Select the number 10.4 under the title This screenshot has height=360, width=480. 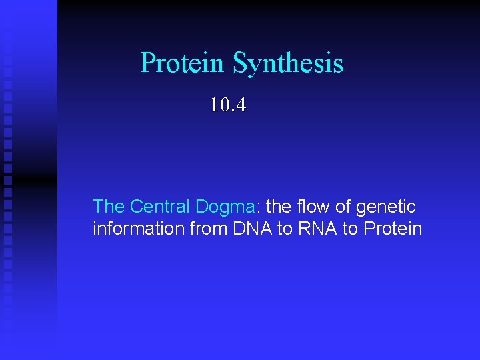pos(228,105)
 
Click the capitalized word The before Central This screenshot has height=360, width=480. pos(109,207)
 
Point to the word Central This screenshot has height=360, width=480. pos(160,207)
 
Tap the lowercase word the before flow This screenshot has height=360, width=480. pos(277,207)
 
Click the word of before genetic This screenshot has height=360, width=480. pos(344,207)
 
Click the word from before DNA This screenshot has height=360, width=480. pos(208,229)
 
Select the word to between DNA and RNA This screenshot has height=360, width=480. pos(285,229)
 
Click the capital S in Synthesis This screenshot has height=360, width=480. pos(239,64)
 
